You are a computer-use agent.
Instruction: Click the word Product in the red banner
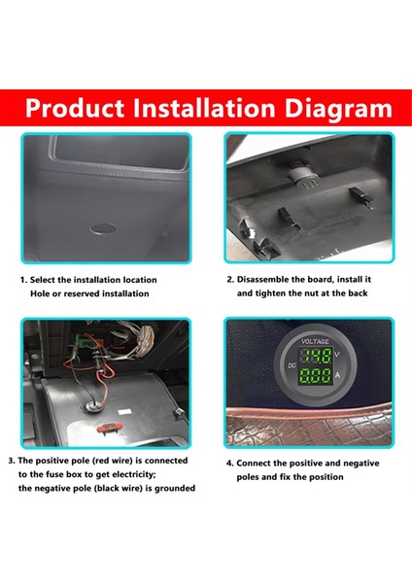pos(75,108)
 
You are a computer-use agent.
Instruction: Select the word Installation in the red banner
pos(204,108)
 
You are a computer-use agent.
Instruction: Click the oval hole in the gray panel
pos(103,228)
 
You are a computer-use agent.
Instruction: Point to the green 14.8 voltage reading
pos(316,356)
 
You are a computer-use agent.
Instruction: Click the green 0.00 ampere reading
pos(316,375)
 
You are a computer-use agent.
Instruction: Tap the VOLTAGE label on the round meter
pos(315,341)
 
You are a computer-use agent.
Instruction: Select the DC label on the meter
pos(292,365)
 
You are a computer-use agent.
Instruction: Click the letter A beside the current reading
pos(337,375)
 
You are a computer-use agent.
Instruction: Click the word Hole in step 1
pos(40,293)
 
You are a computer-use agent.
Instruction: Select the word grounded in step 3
pos(175,488)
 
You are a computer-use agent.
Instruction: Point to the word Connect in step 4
pos(254,463)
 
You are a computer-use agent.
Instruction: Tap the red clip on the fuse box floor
pos(110,429)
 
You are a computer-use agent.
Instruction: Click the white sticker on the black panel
pos(124,412)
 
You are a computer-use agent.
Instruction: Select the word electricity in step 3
pos(133,474)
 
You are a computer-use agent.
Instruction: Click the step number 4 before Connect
pos(229,463)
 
